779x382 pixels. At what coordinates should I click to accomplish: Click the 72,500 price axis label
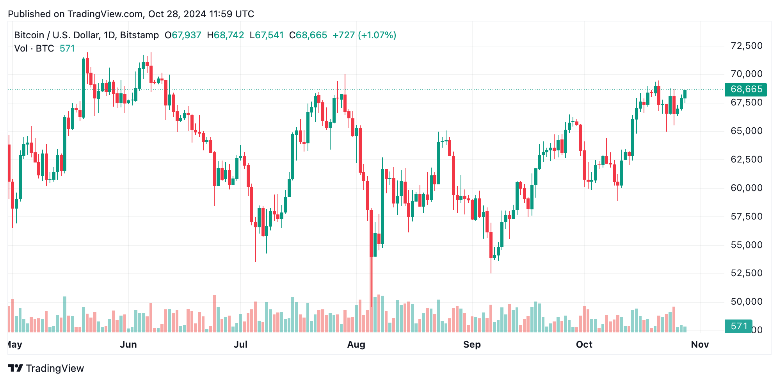click(x=746, y=46)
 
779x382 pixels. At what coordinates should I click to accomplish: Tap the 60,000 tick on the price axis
click(x=746, y=188)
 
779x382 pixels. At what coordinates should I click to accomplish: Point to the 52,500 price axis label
click(x=746, y=273)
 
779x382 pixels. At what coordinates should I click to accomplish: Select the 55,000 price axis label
click(x=746, y=245)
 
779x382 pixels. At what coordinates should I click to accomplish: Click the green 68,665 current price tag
click(x=746, y=89)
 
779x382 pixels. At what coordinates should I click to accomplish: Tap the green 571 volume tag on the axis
click(x=738, y=326)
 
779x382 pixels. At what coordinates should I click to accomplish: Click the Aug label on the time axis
click(x=356, y=345)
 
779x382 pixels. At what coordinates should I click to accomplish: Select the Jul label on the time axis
click(x=240, y=345)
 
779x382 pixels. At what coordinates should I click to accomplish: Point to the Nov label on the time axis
click(x=700, y=345)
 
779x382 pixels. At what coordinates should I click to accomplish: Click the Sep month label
click(x=472, y=345)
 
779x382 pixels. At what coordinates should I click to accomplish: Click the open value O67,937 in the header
click(x=183, y=35)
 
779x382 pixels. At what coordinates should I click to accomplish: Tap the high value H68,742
click(x=225, y=35)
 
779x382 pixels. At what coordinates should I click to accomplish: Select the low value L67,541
click(x=267, y=35)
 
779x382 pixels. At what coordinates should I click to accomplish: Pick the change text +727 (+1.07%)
click(x=364, y=35)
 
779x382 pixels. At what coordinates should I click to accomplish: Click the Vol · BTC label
click(x=34, y=48)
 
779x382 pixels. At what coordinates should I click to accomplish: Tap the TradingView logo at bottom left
click(x=46, y=368)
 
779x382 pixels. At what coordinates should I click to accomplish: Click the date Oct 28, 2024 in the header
click(x=177, y=14)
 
